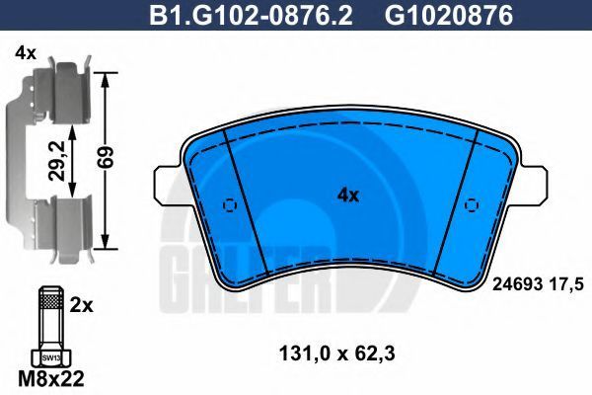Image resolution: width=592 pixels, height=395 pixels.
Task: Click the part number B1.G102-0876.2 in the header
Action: tap(251, 15)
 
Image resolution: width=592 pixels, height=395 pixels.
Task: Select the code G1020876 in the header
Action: tap(449, 15)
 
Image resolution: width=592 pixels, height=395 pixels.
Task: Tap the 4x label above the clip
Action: tap(26, 54)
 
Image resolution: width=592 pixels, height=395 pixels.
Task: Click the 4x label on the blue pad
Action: tap(348, 196)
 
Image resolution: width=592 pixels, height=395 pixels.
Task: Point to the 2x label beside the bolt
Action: tap(81, 305)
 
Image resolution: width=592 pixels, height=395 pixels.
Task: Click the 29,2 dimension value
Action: tap(57, 160)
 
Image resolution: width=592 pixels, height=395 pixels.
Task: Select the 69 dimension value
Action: tap(105, 157)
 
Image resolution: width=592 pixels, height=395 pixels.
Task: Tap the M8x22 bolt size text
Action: tap(51, 379)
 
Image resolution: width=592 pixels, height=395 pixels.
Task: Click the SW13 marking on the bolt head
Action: tap(51, 357)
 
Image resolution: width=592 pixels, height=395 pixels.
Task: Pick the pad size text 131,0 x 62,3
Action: tap(336, 355)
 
